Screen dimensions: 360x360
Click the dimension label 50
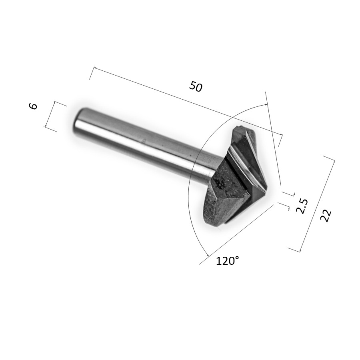[196, 86]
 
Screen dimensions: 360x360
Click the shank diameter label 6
[33, 106]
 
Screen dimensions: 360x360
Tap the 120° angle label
[228, 261]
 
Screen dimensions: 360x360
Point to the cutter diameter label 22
[326, 215]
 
